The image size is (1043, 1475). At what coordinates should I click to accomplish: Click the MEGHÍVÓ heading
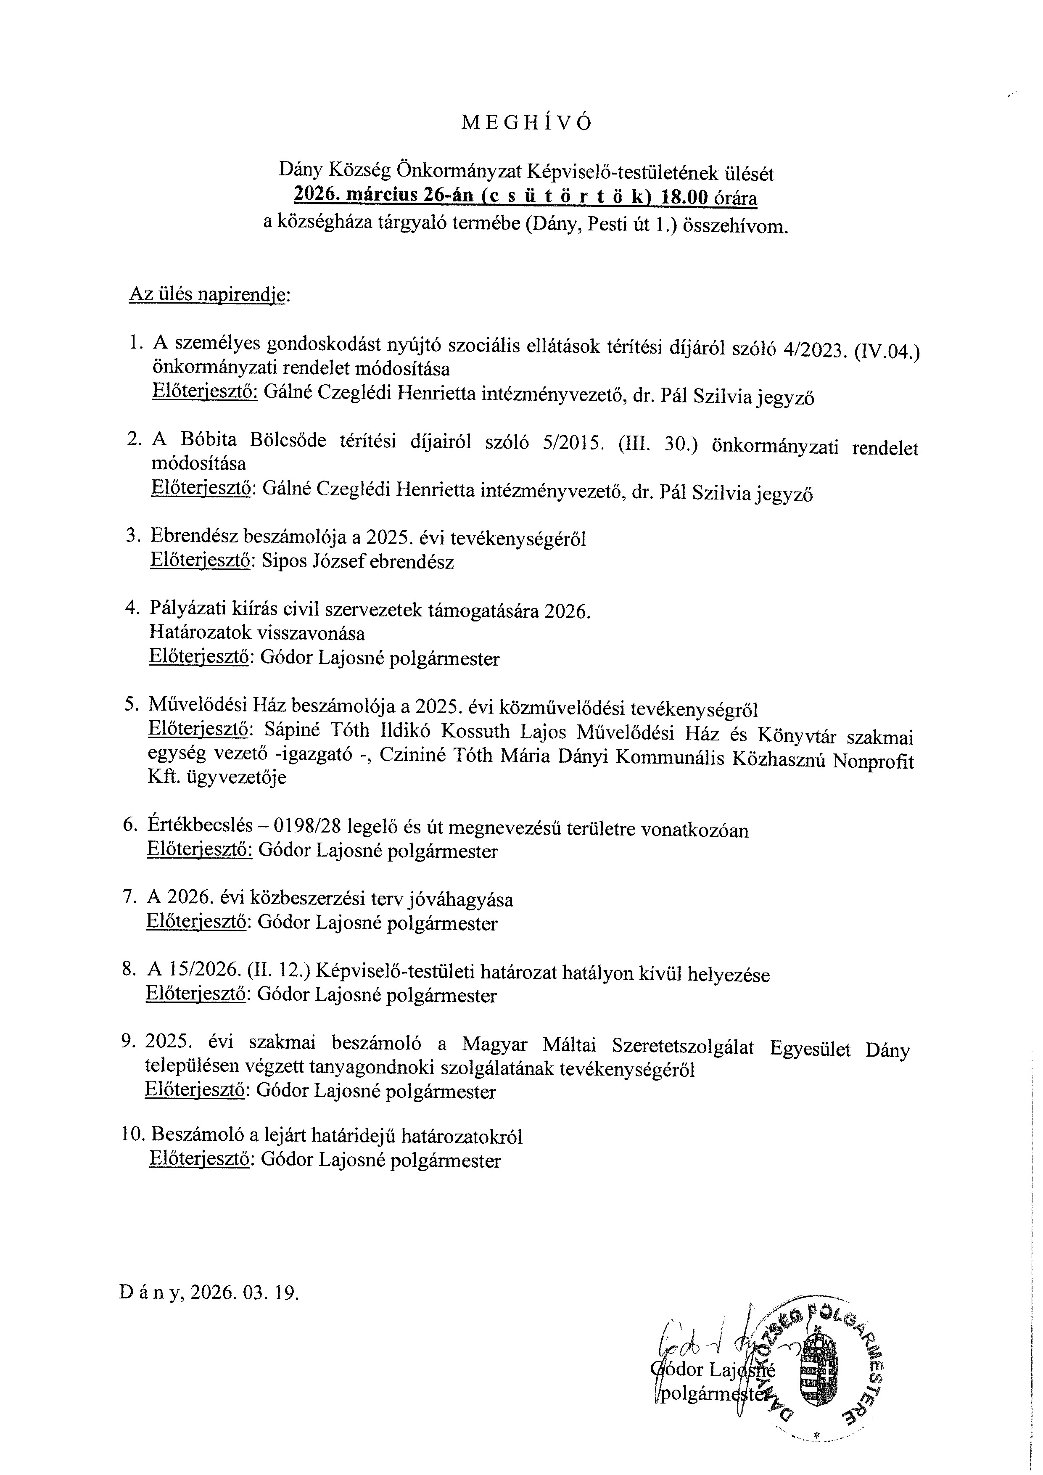point(526,123)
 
